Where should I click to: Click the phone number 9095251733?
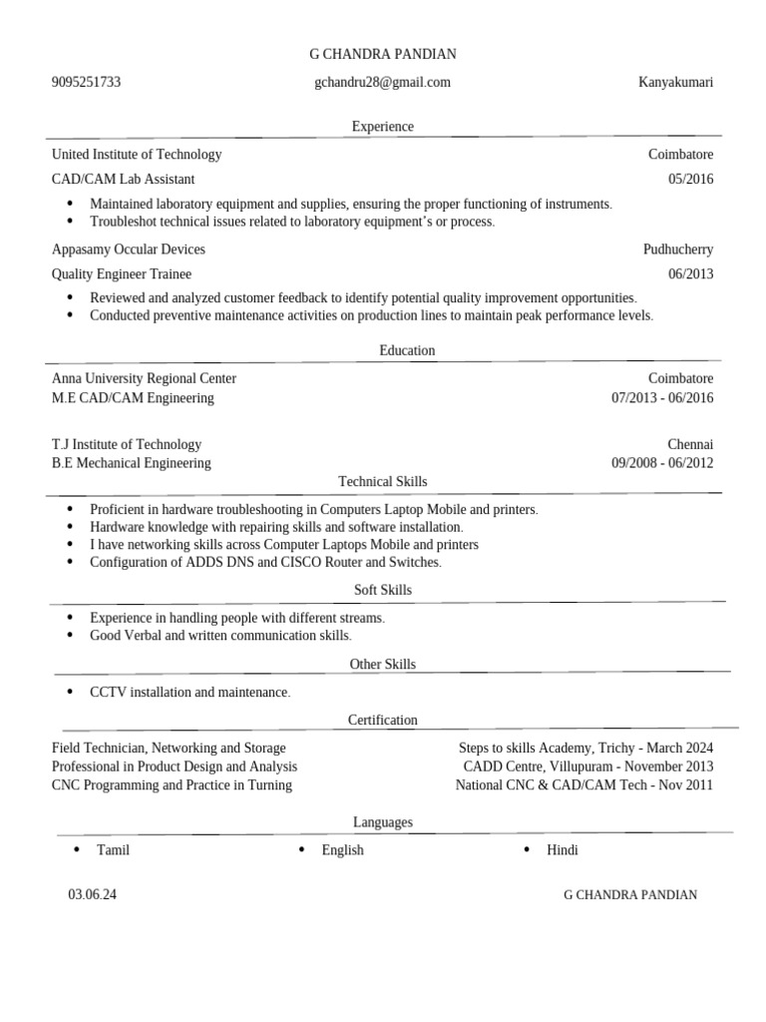[x=86, y=82]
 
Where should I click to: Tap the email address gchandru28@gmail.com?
[x=382, y=82]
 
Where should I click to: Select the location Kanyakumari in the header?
[x=675, y=82]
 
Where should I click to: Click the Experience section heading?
[x=382, y=127]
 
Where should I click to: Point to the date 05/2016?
[x=690, y=180]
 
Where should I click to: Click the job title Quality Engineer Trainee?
[x=121, y=273]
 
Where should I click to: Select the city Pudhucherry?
[x=678, y=250]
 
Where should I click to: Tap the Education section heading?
[x=407, y=350]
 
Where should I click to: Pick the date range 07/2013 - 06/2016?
[x=662, y=398]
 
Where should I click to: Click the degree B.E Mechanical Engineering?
[x=131, y=463]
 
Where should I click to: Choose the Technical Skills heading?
[x=382, y=482]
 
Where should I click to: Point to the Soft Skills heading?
[x=382, y=590]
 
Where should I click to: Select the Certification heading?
[x=382, y=720]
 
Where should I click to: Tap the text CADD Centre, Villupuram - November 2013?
[x=588, y=766]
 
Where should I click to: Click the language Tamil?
[x=113, y=850]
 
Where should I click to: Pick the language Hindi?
[x=562, y=850]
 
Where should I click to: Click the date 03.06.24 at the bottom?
[x=92, y=894]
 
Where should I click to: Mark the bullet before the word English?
[x=302, y=849]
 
